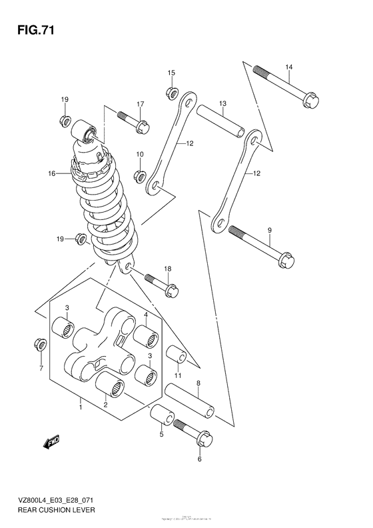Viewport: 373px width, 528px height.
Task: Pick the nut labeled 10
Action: pos(140,176)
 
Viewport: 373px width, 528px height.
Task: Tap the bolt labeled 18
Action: pos(159,282)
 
